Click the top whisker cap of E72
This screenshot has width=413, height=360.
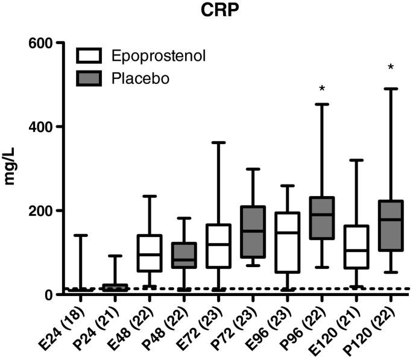(x=218, y=143)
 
